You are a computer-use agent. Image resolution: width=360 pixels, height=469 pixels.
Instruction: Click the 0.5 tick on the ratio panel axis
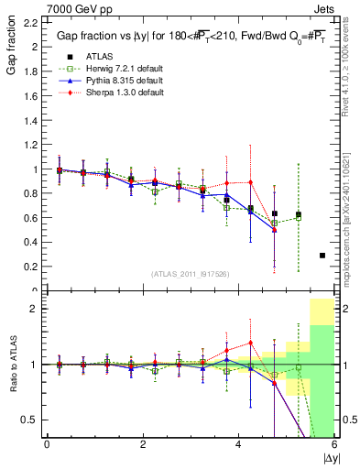30,420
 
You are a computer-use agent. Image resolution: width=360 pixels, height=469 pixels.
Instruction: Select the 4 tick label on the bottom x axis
239,445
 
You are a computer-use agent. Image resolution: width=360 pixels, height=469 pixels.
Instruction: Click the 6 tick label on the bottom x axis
334,445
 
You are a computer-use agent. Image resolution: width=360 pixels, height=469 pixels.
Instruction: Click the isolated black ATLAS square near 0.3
322,256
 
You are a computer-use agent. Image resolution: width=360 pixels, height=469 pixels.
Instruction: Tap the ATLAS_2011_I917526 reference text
191,274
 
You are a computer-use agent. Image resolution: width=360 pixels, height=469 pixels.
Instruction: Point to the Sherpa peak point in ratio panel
250,343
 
